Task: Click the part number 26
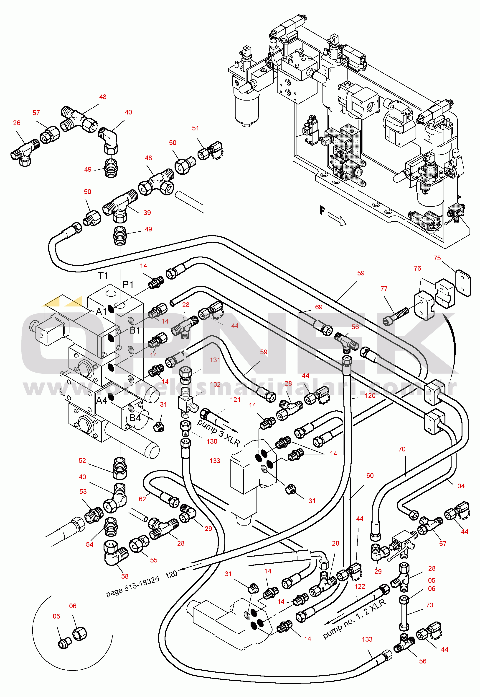[17, 123]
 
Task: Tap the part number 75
[437, 258]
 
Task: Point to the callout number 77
[384, 289]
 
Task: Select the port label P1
[128, 284]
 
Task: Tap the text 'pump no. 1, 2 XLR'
[354, 619]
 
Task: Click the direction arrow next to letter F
[337, 219]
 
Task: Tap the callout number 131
[215, 360]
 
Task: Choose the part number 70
[402, 449]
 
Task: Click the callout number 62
[142, 499]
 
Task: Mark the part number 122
[360, 586]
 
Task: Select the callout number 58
[125, 576]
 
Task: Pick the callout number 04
[461, 486]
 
